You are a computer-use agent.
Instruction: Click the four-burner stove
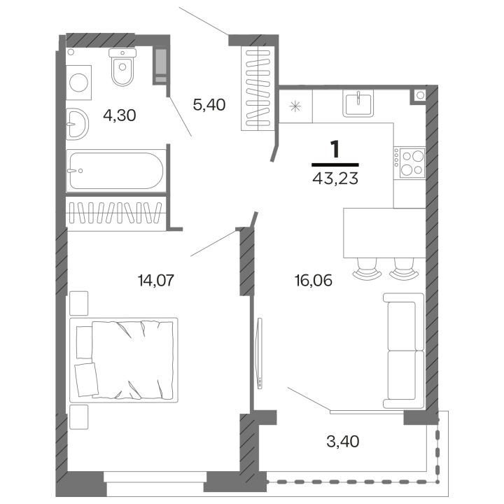[409, 163]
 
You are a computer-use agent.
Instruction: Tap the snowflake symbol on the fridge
[295, 107]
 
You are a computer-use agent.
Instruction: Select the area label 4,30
[119, 114]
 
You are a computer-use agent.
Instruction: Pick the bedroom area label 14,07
[155, 281]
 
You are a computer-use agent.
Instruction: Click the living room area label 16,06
[313, 281]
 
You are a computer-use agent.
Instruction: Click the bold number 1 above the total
[335, 148]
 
